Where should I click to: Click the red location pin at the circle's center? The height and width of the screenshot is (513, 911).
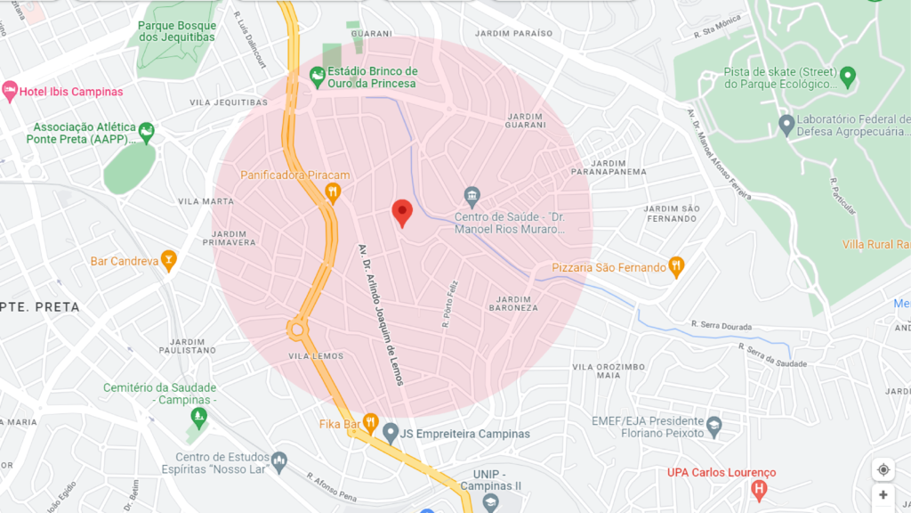pyautogui.click(x=402, y=212)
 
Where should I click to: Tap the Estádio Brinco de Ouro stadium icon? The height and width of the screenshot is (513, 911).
pyautogui.click(x=316, y=78)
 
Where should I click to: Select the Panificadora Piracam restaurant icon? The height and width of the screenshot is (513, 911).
pyautogui.click(x=333, y=191)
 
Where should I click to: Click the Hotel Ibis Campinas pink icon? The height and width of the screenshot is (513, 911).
pyautogui.click(x=10, y=91)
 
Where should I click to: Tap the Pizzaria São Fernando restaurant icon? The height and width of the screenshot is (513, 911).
pyautogui.click(x=676, y=266)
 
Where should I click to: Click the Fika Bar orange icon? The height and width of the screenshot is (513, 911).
pyautogui.click(x=370, y=423)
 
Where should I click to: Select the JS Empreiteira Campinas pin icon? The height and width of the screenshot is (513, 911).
pyautogui.click(x=390, y=434)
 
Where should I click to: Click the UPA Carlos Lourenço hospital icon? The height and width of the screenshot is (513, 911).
pyautogui.click(x=758, y=488)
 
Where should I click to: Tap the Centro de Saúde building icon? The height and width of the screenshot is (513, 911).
pyautogui.click(x=472, y=195)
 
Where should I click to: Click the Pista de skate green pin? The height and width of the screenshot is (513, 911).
pyautogui.click(x=847, y=77)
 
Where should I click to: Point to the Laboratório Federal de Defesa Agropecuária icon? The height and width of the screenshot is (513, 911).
pyautogui.click(x=786, y=125)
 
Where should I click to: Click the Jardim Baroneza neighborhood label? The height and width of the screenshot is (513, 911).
pyautogui.click(x=513, y=303)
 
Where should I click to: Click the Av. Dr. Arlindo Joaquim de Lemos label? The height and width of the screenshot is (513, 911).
pyautogui.click(x=382, y=313)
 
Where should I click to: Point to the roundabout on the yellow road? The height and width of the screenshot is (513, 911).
pyautogui.click(x=296, y=330)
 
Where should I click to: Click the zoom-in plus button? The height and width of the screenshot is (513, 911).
pyautogui.click(x=883, y=495)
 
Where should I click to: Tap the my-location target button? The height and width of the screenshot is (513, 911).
pyautogui.click(x=883, y=469)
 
